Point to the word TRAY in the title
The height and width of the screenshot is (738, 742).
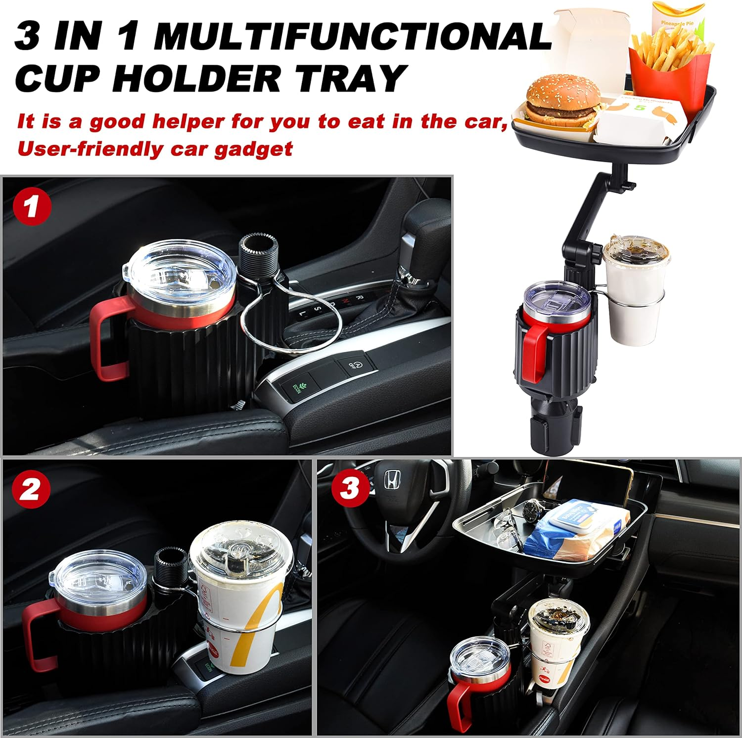[x=349, y=78]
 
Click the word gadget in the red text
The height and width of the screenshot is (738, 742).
[x=253, y=148]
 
